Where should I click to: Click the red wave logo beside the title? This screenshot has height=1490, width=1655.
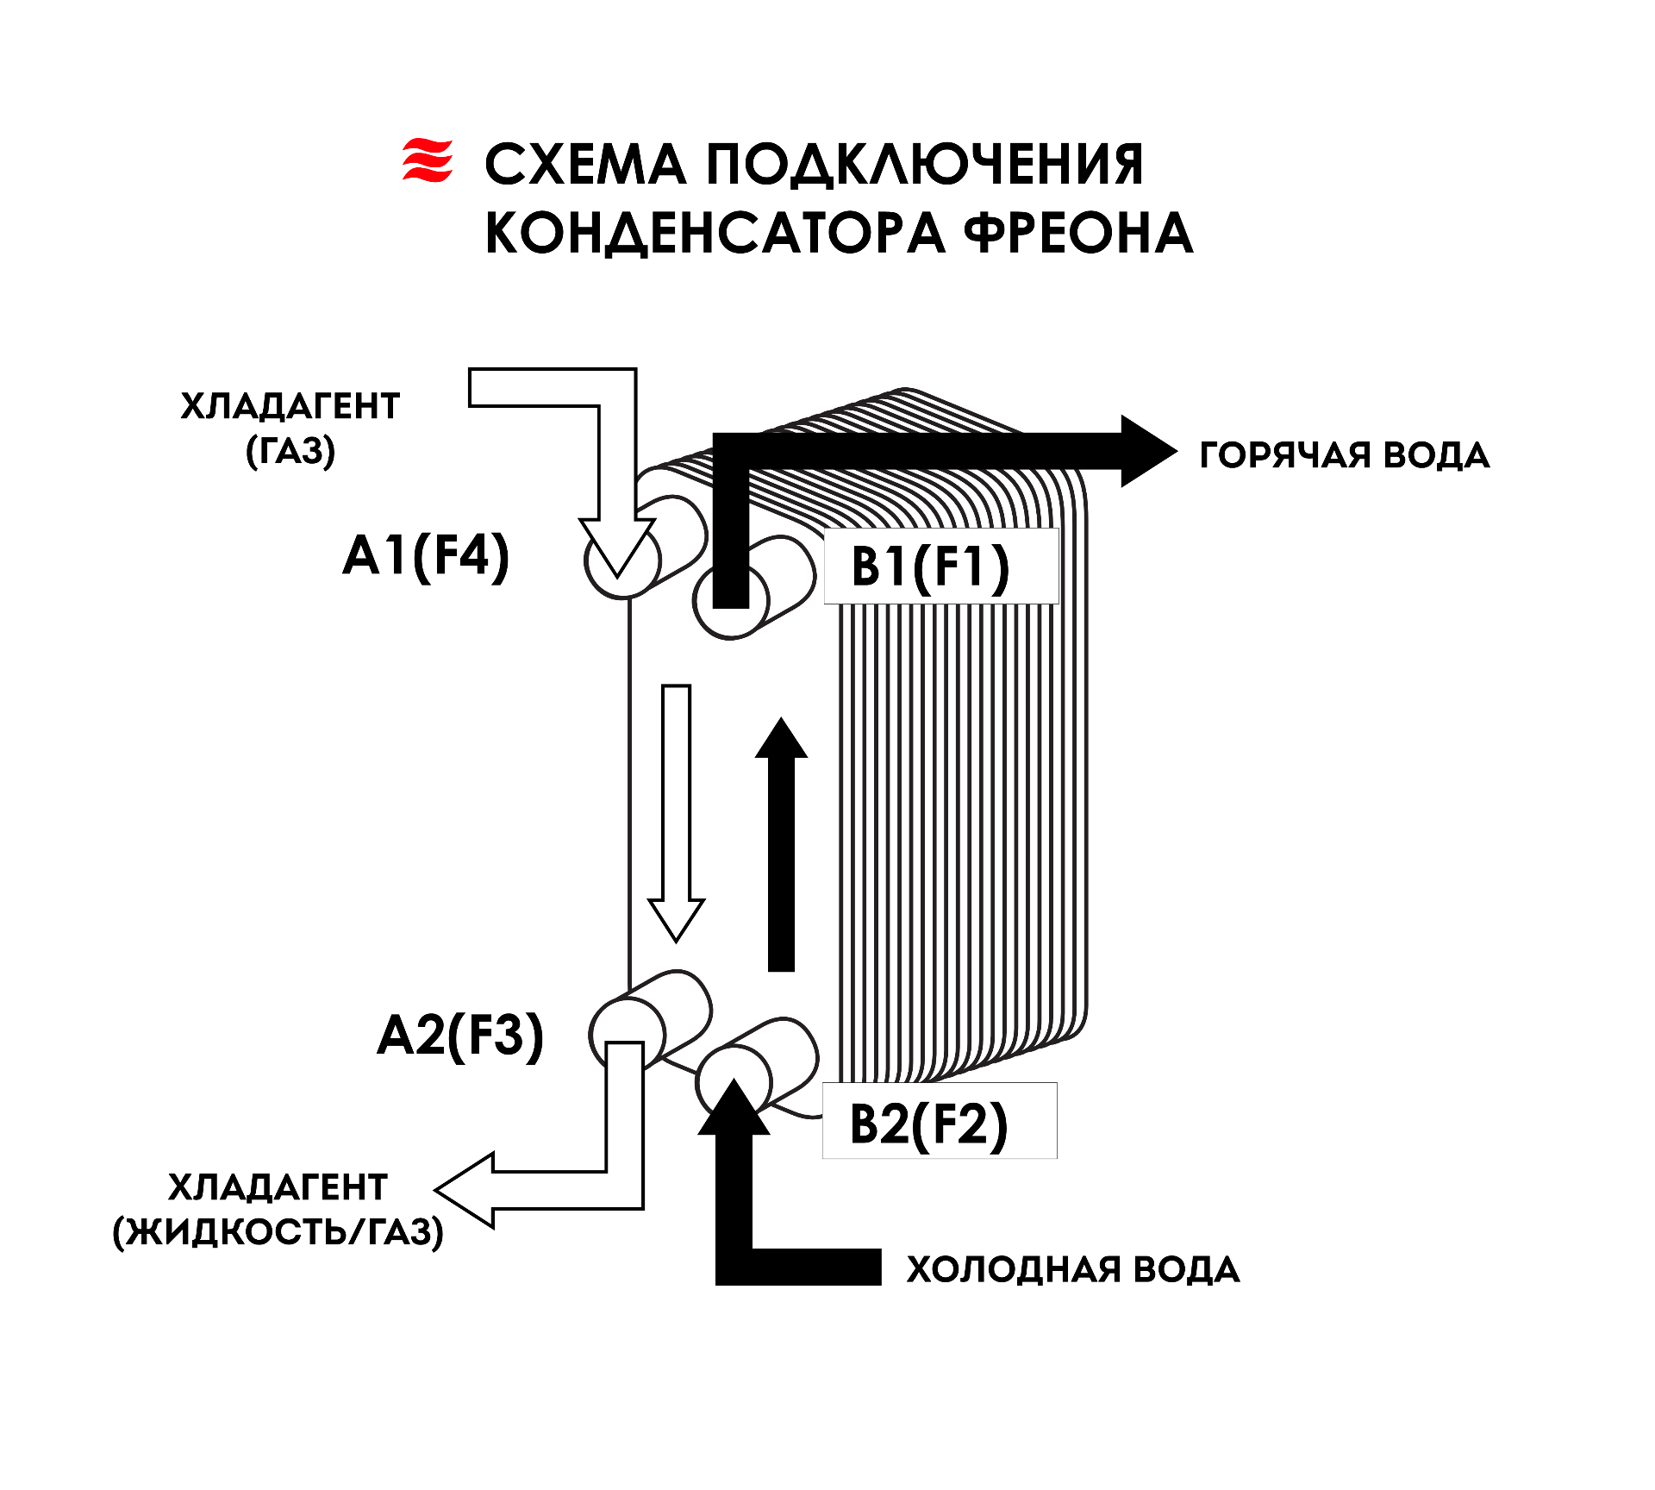point(428,160)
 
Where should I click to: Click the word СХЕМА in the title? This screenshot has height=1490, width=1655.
point(585,165)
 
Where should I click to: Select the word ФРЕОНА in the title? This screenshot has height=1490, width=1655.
point(1078,233)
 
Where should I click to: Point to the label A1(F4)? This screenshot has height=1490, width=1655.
point(426,556)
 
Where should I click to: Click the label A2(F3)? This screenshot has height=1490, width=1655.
point(460,1036)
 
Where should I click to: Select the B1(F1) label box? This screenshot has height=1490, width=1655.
point(941,566)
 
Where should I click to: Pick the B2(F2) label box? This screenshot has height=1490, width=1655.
point(940,1120)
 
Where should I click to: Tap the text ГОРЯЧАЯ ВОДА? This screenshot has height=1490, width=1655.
point(1345,455)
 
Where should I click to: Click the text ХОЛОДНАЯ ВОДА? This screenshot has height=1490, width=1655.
point(1073,1269)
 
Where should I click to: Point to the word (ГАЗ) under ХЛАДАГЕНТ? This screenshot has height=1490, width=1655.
point(290,451)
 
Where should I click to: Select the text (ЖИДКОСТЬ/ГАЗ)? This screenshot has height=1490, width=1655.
point(278,1232)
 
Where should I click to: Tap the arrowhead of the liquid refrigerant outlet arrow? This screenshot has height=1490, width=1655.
point(464,1190)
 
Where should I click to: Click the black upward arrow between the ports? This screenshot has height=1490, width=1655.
point(781,844)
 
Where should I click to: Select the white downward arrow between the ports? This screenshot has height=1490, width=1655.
point(677,813)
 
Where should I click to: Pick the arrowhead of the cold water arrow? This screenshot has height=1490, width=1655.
point(734,1107)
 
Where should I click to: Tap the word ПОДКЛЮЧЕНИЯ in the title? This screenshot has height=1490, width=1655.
point(925,165)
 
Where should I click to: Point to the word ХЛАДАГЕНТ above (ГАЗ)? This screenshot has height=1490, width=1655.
point(290,406)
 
